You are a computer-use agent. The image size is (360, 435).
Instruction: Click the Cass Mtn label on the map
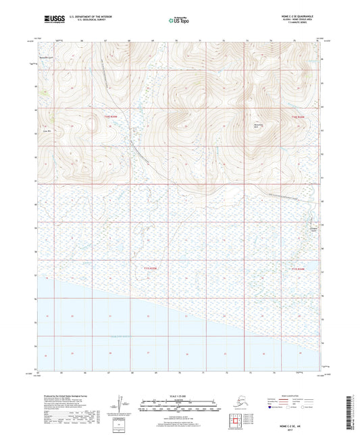tap(47, 132)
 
